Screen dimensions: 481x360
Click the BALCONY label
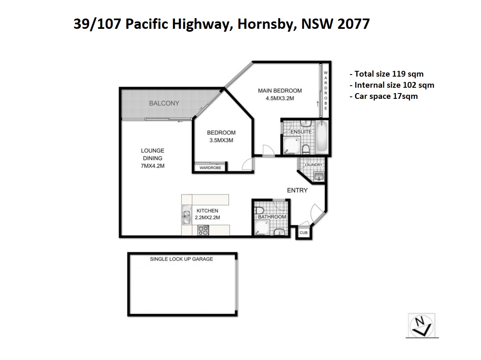tap(164, 103)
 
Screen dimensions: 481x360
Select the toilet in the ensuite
tap(306, 149)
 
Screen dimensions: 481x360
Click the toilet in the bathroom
tap(259, 210)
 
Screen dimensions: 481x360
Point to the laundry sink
tap(319, 176)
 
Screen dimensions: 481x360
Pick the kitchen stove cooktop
tap(203, 230)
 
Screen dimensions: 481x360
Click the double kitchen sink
tap(186, 215)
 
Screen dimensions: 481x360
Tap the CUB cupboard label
tap(304, 233)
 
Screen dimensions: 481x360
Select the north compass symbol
tap(422, 326)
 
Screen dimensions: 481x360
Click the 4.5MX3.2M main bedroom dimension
tap(280, 98)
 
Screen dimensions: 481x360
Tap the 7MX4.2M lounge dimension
tap(152, 166)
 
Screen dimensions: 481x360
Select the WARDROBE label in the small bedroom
tap(210, 168)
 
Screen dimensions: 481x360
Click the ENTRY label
tap(297, 190)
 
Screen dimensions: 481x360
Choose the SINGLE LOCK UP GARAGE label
tap(181, 259)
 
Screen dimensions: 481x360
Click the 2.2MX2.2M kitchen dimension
tap(208, 217)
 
